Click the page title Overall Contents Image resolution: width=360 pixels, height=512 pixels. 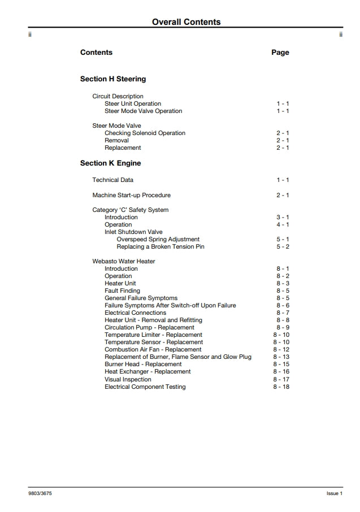(186, 22)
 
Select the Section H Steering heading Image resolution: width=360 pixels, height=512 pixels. (113, 79)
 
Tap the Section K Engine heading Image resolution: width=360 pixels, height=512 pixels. (110, 163)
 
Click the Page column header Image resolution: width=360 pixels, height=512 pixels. (280, 53)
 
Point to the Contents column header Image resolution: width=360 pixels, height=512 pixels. (96, 53)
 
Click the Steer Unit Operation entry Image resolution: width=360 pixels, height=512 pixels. (133, 104)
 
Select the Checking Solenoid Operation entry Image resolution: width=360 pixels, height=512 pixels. (145, 133)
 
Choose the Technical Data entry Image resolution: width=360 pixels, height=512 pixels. (113, 180)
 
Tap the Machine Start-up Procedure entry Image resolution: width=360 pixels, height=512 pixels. (131, 196)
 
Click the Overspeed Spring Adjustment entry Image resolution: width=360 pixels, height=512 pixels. (158, 240)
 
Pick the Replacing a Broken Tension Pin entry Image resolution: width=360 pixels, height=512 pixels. (161, 247)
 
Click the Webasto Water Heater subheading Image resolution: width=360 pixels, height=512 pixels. (124, 262)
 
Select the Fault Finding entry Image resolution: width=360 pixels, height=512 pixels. (122, 291)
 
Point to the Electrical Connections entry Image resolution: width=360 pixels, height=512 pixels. (135, 313)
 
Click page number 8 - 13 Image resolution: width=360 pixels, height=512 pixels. (281, 357)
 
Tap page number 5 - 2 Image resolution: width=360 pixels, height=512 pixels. (283, 247)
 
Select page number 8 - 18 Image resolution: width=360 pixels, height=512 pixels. (281, 387)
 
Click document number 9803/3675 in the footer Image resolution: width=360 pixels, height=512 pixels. (41, 493)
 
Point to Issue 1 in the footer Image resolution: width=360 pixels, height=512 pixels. (335, 493)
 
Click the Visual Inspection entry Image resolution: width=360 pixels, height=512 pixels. (128, 380)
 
